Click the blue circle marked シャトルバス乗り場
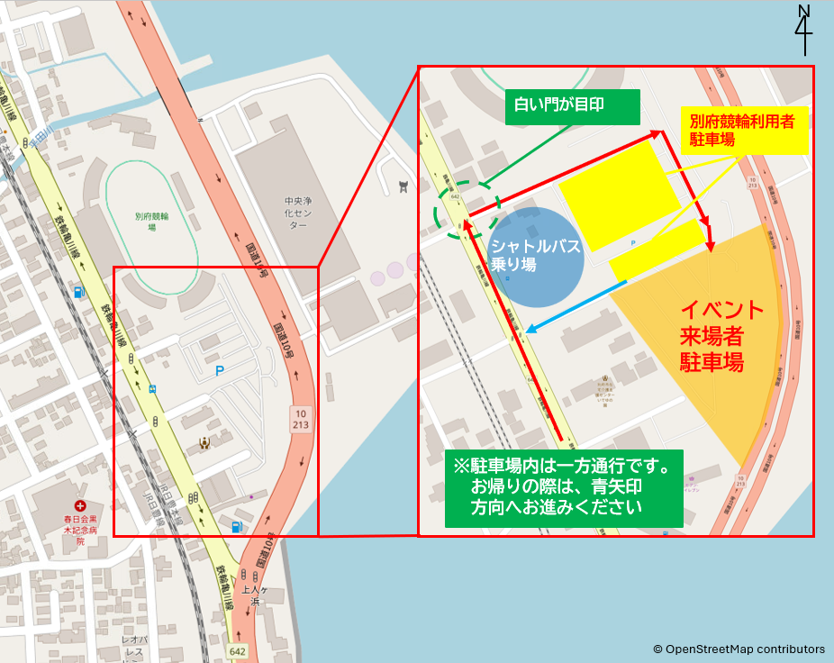click(535, 255)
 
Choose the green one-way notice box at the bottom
click(563, 487)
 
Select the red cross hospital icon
click(80, 507)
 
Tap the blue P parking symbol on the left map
click(219, 370)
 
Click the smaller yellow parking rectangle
click(657, 250)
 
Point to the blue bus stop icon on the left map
click(152, 389)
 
